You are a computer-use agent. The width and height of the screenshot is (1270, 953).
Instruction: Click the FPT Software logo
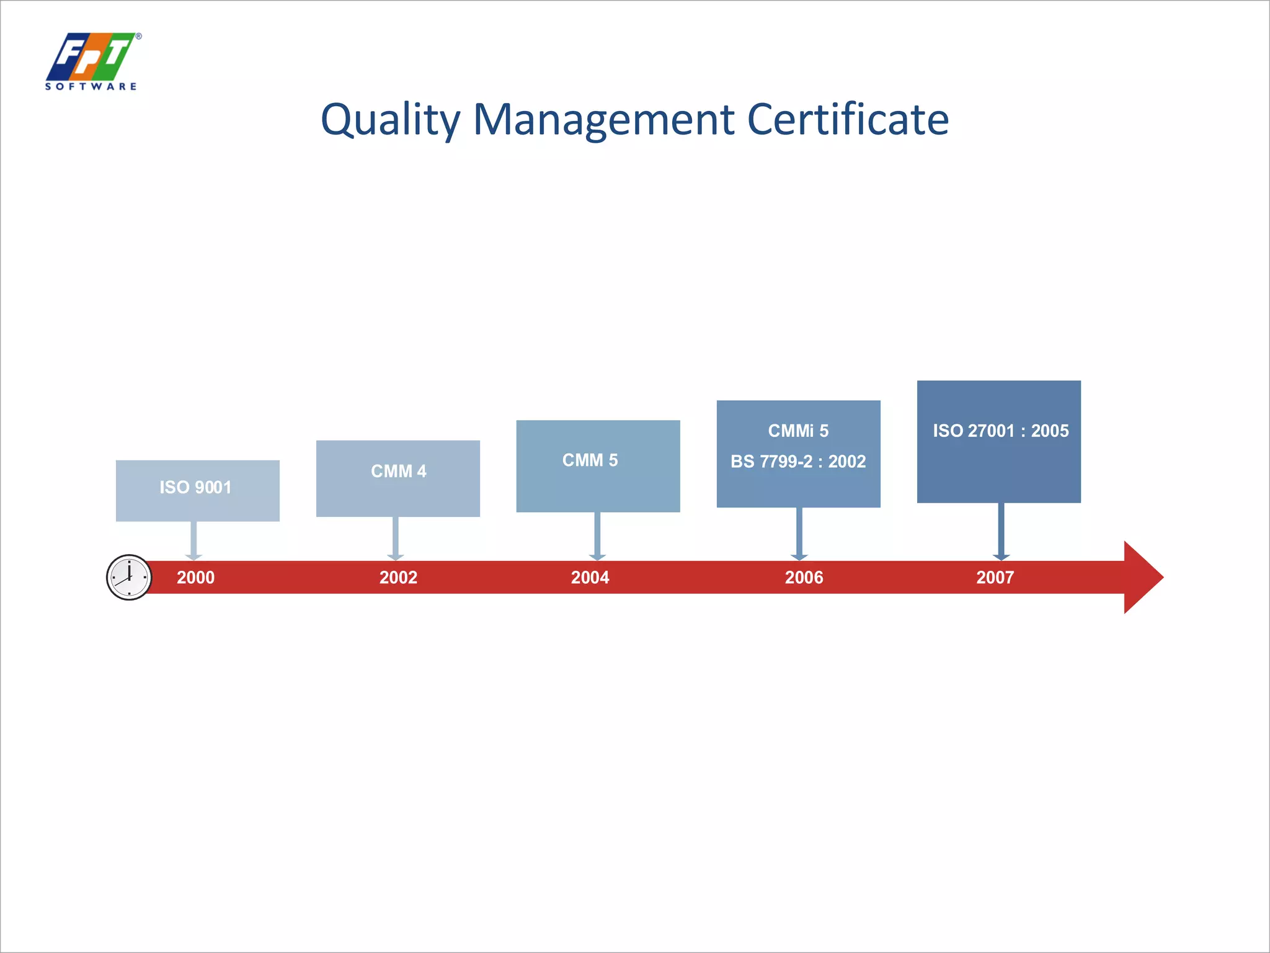click(92, 61)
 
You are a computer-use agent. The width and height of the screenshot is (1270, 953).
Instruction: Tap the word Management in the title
click(603, 120)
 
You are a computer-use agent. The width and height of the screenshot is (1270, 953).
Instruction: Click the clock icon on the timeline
click(129, 577)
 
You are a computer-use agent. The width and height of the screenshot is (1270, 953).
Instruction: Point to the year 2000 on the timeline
click(195, 578)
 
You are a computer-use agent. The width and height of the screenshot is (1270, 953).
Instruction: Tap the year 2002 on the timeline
click(398, 578)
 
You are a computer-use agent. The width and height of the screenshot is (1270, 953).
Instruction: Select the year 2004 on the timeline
click(590, 578)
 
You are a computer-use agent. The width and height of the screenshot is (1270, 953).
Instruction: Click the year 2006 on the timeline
click(804, 578)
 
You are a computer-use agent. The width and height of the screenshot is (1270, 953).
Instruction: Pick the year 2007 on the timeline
click(995, 578)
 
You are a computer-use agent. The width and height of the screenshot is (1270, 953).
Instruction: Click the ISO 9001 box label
click(195, 487)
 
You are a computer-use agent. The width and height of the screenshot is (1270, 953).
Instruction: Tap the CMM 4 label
click(398, 472)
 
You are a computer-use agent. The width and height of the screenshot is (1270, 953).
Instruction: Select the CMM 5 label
click(590, 460)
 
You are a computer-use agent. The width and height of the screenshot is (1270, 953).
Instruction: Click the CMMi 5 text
click(798, 431)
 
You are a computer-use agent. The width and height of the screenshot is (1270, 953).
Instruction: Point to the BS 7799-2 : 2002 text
click(798, 462)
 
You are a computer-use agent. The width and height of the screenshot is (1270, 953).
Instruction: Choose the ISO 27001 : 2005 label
click(1000, 431)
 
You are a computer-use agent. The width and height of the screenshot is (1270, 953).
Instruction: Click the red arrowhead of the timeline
click(1142, 577)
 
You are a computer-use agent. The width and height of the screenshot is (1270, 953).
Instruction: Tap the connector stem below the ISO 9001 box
click(193, 539)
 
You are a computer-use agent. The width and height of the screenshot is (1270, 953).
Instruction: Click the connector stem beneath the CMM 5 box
click(597, 534)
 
